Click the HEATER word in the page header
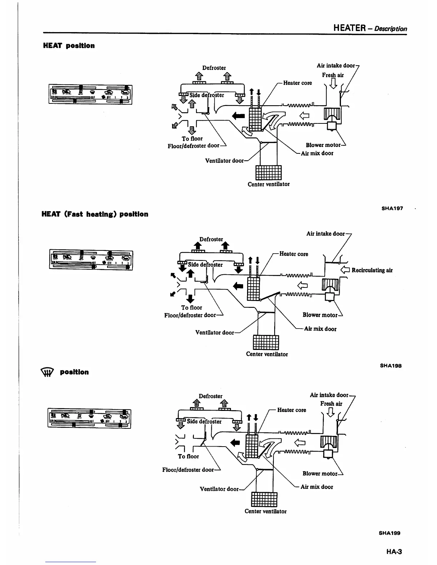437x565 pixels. [348, 28]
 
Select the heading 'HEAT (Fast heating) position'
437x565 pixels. [95, 214]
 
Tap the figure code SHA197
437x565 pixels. [392, 208]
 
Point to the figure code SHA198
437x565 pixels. [391, 366]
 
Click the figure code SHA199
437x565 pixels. [390, 533]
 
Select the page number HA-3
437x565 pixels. [394, 551]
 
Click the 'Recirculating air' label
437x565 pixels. [372, 270]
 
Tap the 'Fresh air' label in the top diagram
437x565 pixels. [333, 75]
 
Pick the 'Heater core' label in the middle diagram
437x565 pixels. [293, 254]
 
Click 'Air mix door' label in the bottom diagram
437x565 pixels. [317, 487]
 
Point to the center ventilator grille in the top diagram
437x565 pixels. [268, 173]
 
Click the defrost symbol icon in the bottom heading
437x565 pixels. [47, 373]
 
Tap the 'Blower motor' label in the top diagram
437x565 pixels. [323, 145]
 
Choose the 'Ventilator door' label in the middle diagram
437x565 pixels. [215, 332]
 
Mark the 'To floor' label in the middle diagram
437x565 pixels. [191, 307]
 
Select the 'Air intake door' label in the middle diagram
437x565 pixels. [325, 234]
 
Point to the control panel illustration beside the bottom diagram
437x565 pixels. [89, 418]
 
